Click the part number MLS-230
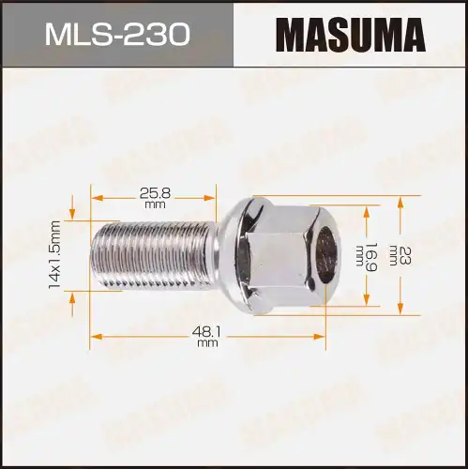(116, 34)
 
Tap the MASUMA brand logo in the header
(351, 34)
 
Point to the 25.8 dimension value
(156, 192)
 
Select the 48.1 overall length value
(208, 330)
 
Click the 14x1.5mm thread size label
(55, 253)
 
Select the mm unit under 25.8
(156, 205)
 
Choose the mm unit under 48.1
(208, 343)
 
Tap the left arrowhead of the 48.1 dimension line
(95, 334)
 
